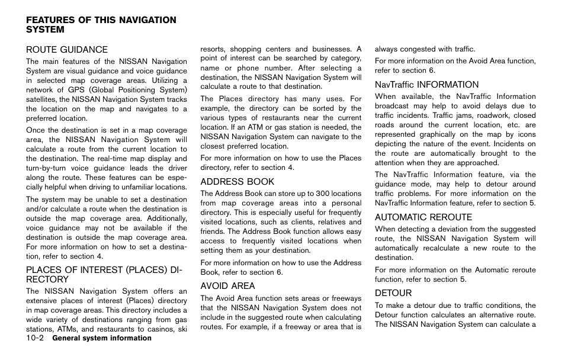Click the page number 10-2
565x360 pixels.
(35, 338)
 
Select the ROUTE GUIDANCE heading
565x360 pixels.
(66, 50)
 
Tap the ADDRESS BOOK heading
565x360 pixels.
(237, 182)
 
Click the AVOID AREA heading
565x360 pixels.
(227, 286)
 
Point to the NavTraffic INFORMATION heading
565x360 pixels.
(426, 85)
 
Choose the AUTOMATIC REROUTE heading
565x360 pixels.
(423, 217)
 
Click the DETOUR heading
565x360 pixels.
(393, 293)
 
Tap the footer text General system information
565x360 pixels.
(101, 339)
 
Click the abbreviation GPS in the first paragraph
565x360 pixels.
(73, 90)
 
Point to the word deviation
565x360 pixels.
(436, 229)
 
